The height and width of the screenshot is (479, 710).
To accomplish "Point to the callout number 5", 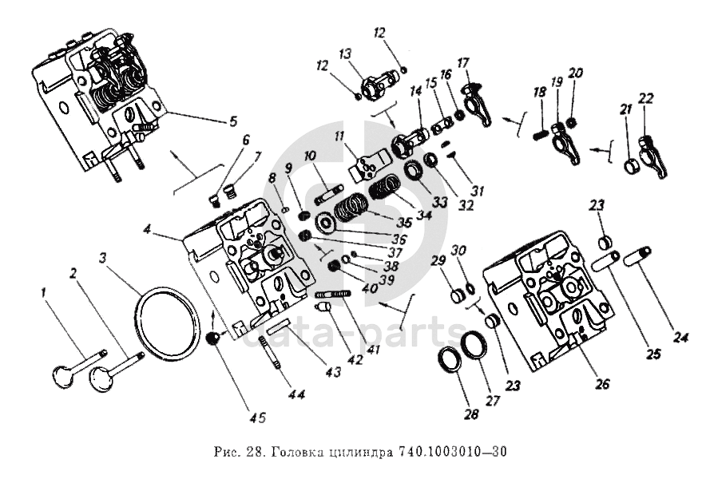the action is pos(232,121).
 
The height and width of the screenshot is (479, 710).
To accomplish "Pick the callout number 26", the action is pos(601,383).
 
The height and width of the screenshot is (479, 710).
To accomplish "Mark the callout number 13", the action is pos(344,53).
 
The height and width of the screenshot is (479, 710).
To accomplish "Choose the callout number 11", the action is pos(340,136).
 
